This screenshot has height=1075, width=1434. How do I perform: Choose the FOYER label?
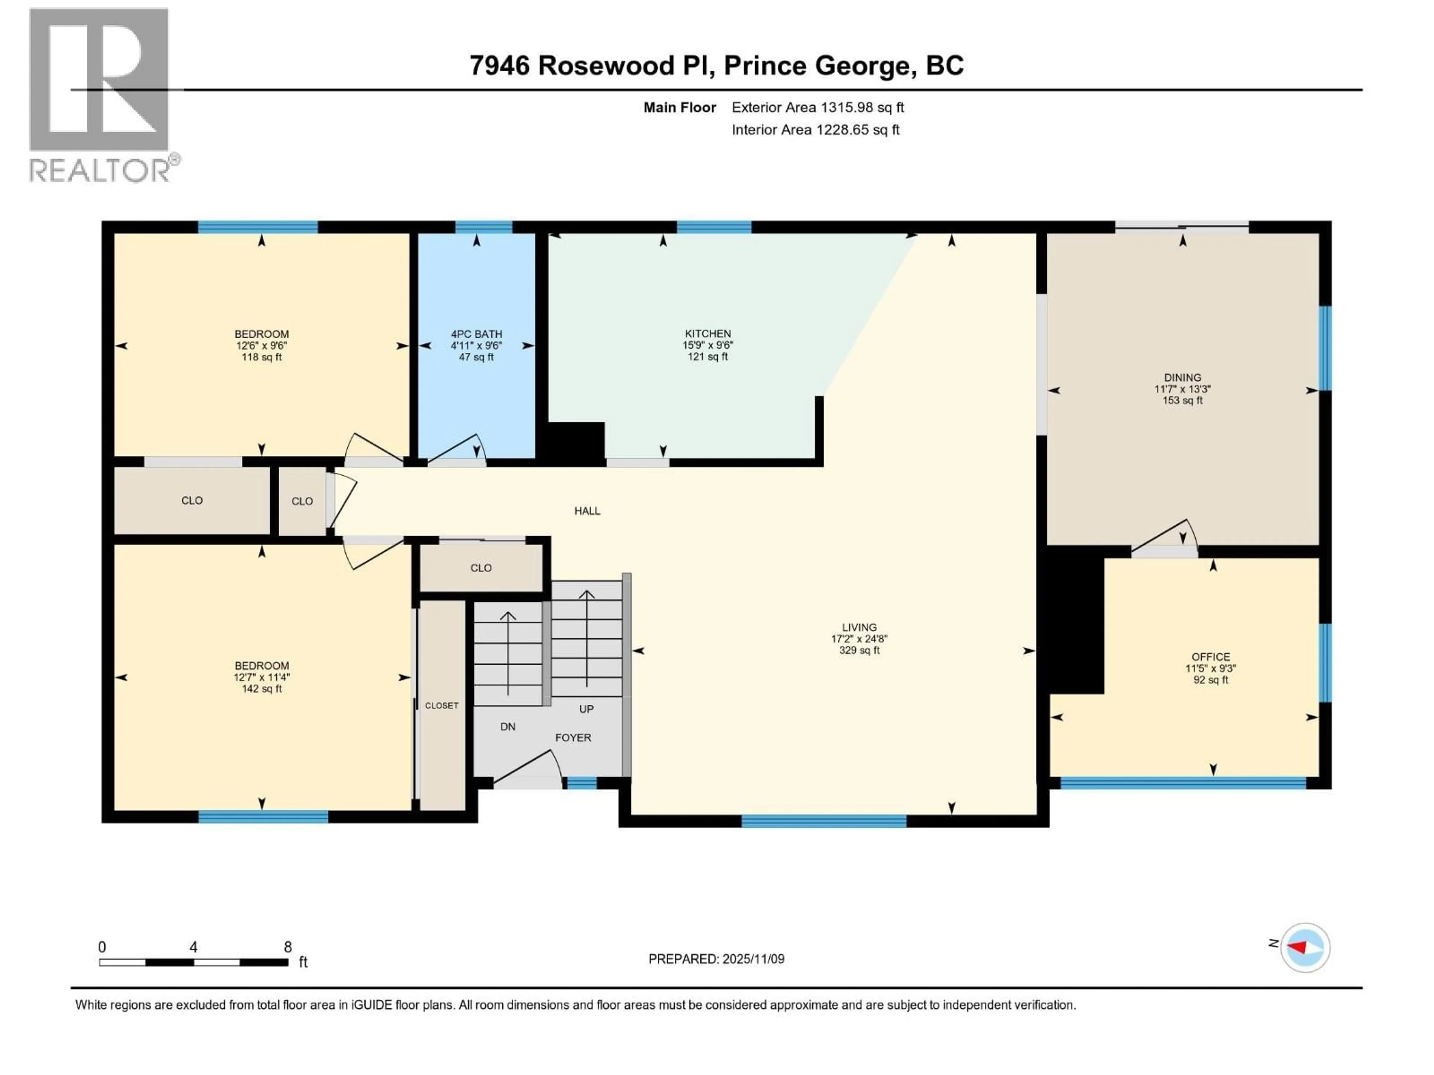click(x=572, y=738)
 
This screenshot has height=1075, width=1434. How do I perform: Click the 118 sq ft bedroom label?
click(x=261, y=345)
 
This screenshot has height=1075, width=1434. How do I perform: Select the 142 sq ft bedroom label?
click(x=261, y=677)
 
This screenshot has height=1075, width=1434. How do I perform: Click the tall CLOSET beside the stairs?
click(x=441, y=705)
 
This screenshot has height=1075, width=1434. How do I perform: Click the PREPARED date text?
click(x=716, y=959)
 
